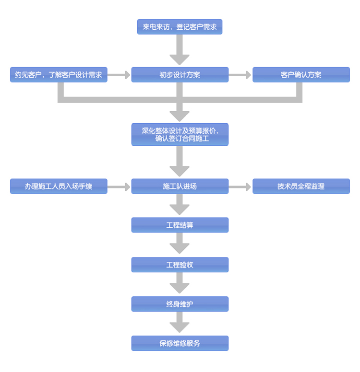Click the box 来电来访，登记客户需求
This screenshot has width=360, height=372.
[180, 27]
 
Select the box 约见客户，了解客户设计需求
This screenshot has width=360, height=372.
[59, 75]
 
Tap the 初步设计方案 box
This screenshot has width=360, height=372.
[180, 75]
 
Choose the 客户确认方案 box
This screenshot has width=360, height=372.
[301, 75]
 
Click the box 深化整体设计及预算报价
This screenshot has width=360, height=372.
[180, 134]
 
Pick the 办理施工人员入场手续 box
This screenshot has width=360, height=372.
[59, 186]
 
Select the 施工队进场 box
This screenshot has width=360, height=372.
[180, 186]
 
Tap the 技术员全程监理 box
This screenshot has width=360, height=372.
[301, 186]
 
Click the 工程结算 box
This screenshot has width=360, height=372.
[180, 225]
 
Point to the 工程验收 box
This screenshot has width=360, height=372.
[180, 265]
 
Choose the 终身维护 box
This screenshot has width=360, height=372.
[180, 304]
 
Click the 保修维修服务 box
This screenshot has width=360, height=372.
[180, 343]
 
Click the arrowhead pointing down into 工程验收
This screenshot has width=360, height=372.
[180, 249]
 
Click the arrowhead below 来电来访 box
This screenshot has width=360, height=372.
[180, 59]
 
